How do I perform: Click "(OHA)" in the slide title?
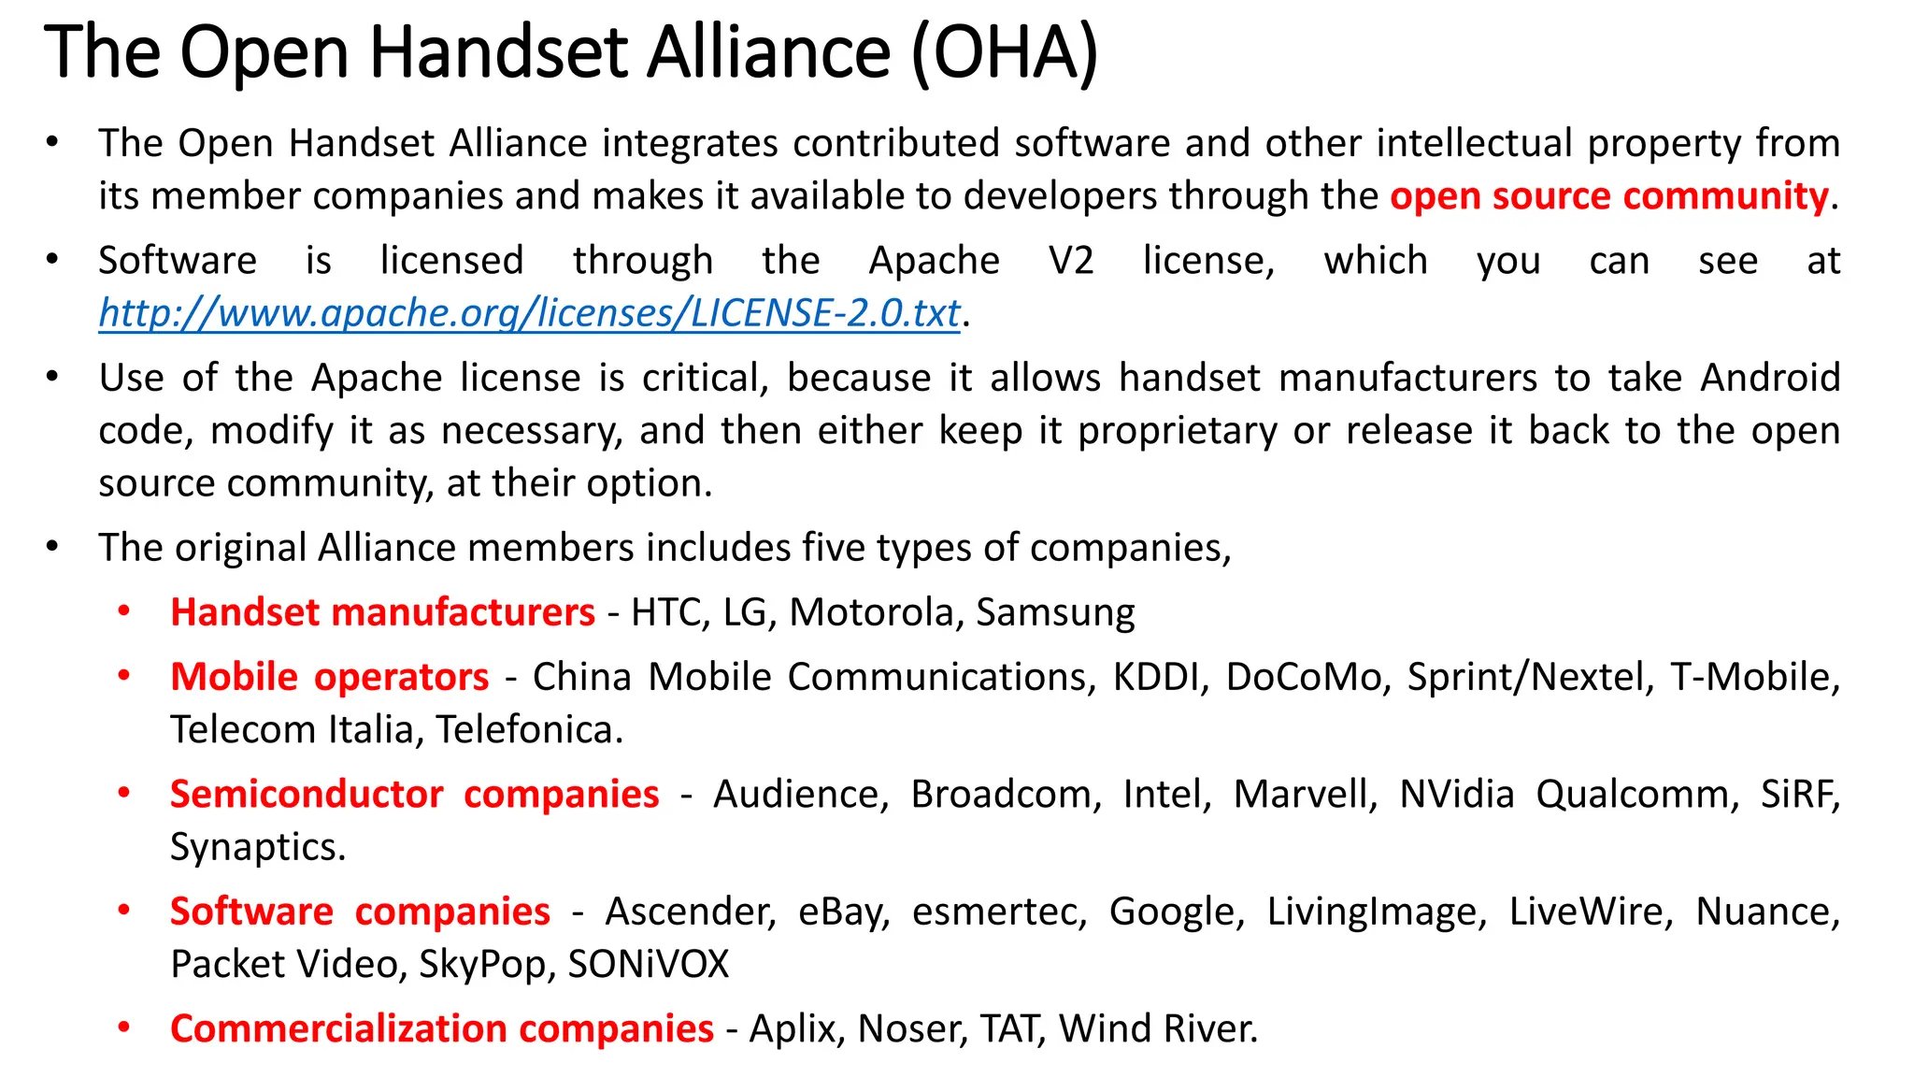pyautogui.click(x=1004, y=53)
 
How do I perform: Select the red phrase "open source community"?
pyautogui.click(x=1608, y=196)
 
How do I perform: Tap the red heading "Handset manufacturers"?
pyautogui.click(x=382, y=612)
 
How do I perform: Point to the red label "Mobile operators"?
pyautogui.click(x=329, y=677)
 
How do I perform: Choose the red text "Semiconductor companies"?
pyautogui.click(x=414, y=795)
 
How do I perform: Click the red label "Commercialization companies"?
pyautogui.click(x=441, y=1028)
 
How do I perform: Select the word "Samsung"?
pyautogui.click(x=1055, y=613)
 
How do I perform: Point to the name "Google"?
pyautogui.click(x=1175, y=912)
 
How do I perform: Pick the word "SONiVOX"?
pyautogui.click(x=648, y=965)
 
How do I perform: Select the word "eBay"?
pyautogui.click(x=843, y=912)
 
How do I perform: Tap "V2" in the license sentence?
pyautogui.click(x=1070, y=261)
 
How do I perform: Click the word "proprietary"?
pyautogui.click(x=1177, y=432)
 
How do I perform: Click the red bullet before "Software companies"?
pyautogui.click(x=124, y=910)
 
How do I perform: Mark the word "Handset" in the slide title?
pyautogui.click(x=498, y=53)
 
